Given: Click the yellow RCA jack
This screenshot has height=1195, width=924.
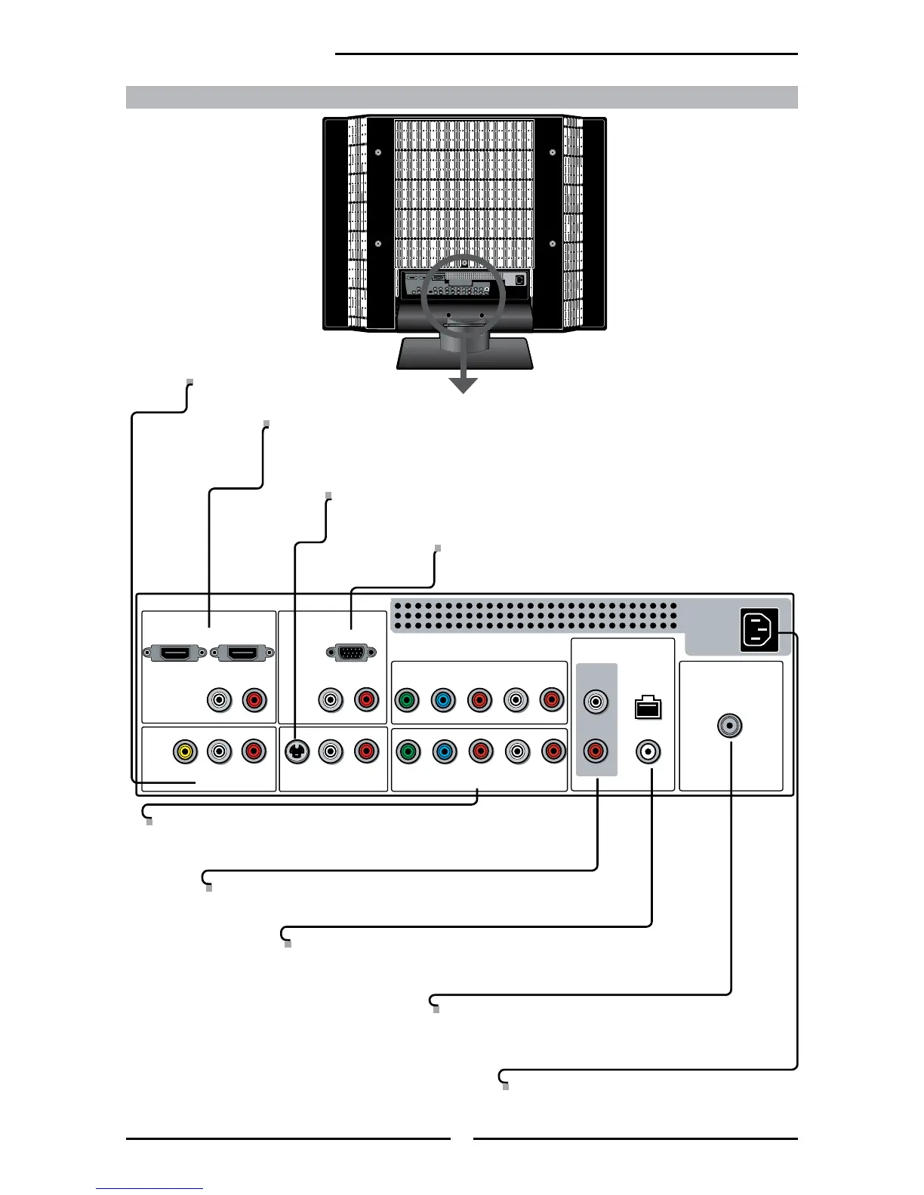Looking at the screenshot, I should pos(185,751).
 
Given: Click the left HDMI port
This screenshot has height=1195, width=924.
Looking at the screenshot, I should pos(174,653).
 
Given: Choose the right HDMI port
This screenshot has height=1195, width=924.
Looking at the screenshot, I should pos(242,653).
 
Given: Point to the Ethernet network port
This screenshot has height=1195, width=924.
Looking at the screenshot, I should pos(648,707).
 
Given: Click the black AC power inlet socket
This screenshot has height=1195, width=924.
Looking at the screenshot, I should pos(760,630).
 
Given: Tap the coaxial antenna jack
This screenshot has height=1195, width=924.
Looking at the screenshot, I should pos(730,726).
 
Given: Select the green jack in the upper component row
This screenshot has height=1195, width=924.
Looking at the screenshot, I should pos(407,700).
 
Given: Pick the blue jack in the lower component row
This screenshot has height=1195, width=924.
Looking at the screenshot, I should pos(444,751).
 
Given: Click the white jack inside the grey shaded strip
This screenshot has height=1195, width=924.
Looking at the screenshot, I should pos(596,702).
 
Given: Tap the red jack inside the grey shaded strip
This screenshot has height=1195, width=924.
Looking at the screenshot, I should pos(596,751).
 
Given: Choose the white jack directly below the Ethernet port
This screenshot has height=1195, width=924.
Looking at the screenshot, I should pos(648,751).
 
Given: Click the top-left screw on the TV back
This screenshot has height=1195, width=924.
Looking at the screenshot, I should pos(378,152).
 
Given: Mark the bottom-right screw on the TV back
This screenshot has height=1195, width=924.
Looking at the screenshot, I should pos(553,244).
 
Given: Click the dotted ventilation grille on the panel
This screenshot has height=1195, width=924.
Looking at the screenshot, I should pos(534,616).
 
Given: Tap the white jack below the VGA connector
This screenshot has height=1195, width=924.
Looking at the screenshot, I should pos(330,700).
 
